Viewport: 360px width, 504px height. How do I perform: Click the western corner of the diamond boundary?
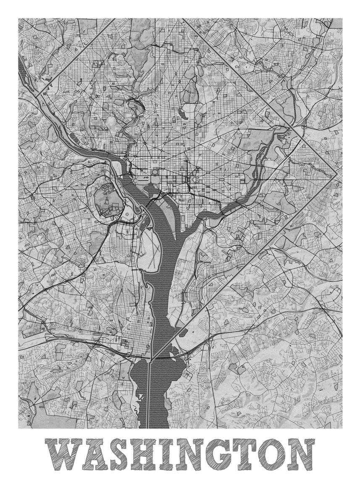pyautogui.click(x=37, y=97)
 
